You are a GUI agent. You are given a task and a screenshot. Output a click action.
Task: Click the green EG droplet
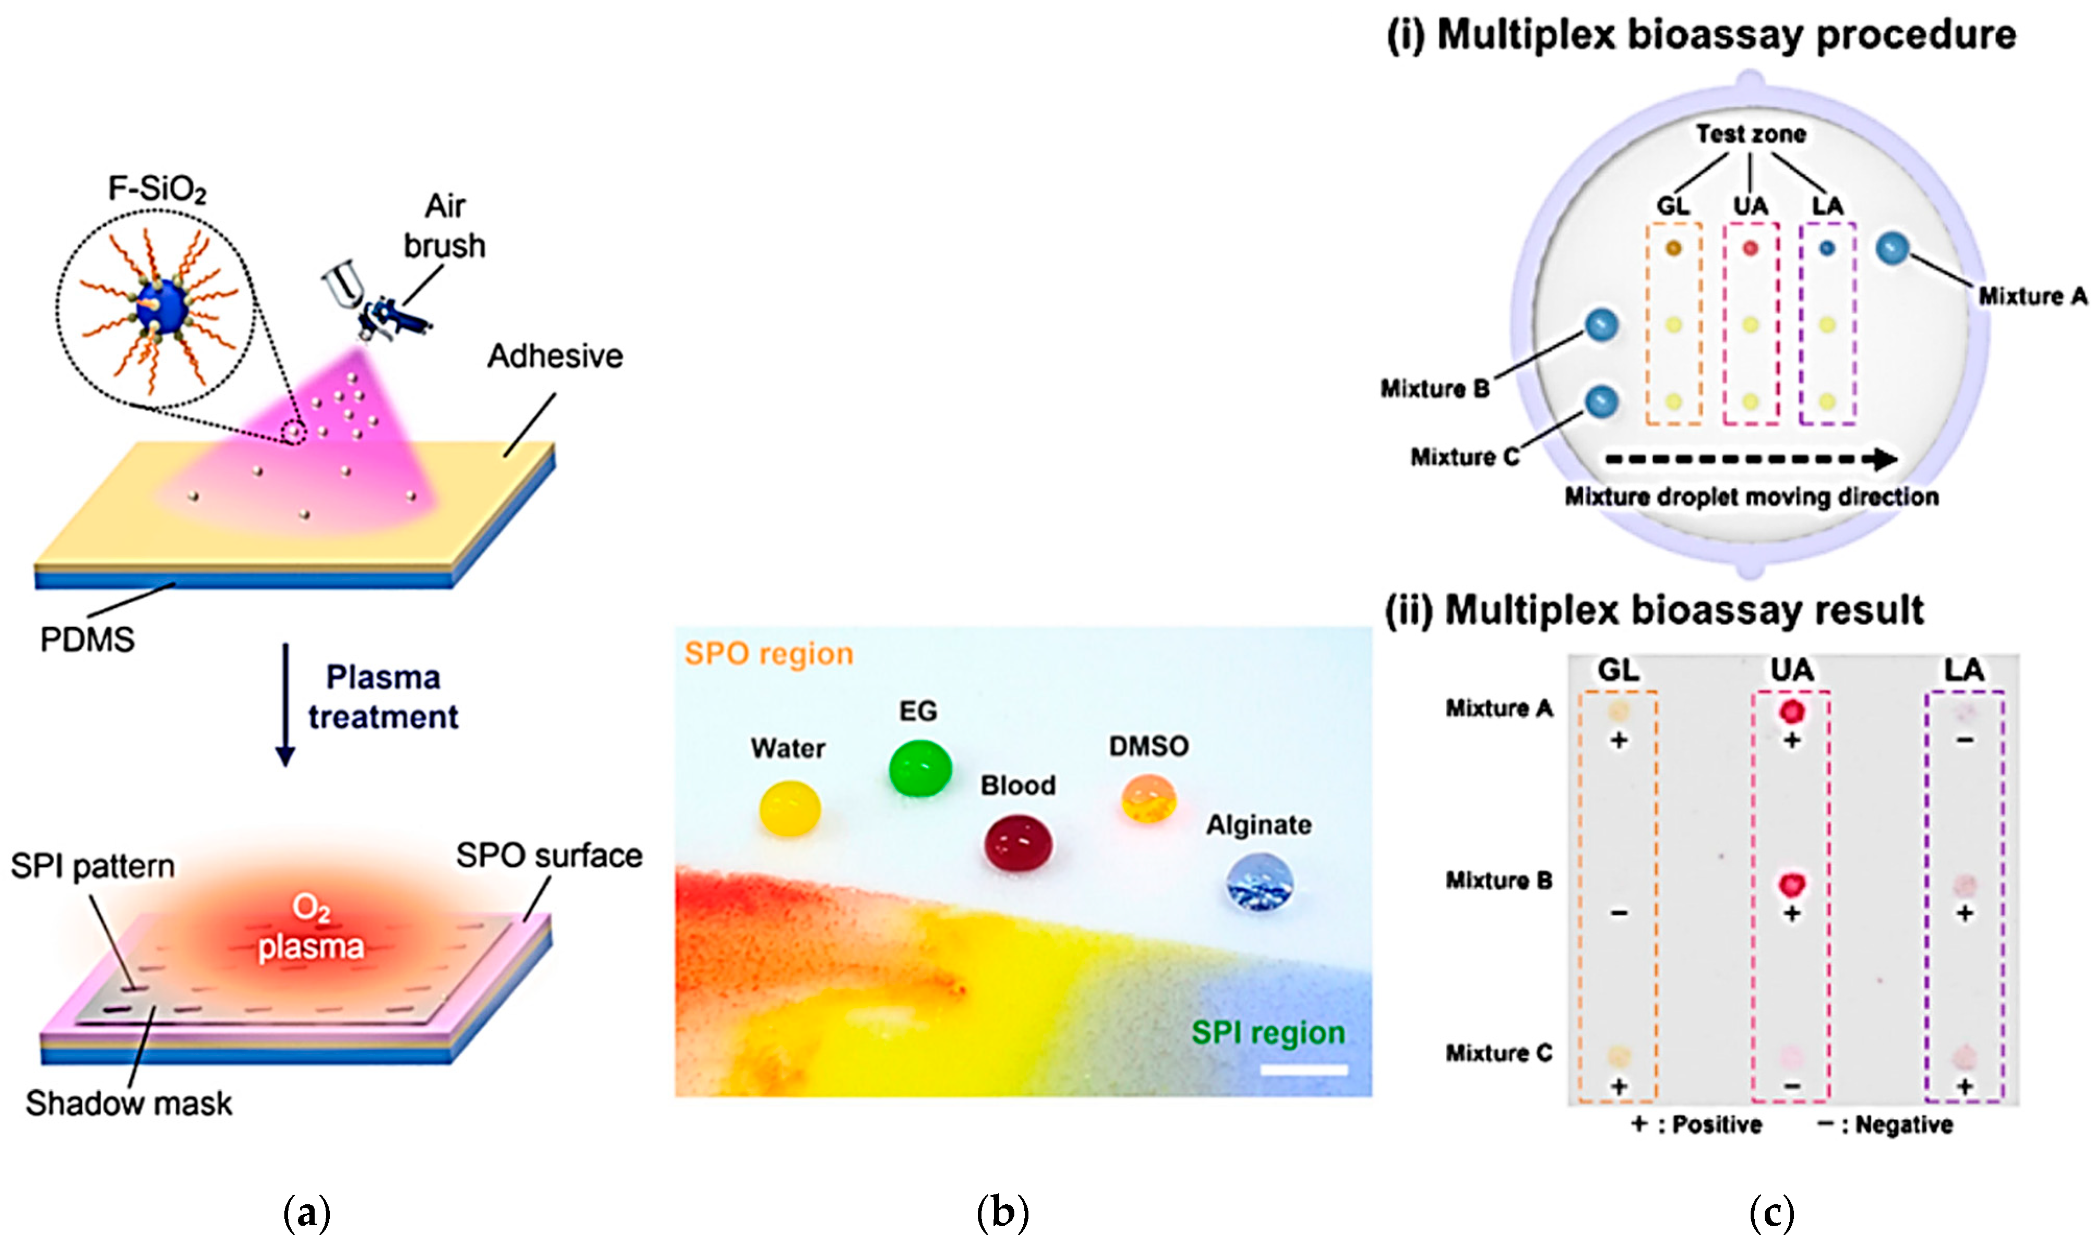920,768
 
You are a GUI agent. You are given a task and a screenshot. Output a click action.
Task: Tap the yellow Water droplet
789,808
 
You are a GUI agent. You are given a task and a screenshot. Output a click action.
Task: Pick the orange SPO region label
768,653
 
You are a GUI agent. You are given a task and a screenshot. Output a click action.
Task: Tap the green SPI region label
1268,1032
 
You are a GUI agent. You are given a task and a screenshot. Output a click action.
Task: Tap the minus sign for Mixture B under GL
1619,913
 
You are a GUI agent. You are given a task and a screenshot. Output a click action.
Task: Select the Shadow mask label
128,1103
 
